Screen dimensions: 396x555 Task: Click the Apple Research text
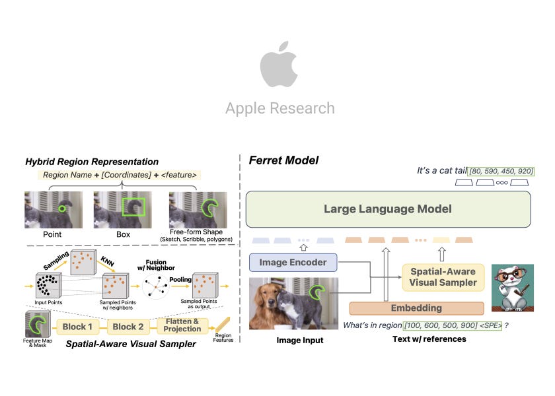pos(279,108)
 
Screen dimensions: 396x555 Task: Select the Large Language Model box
pos(388,209)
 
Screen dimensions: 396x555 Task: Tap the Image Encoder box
pos(293,262)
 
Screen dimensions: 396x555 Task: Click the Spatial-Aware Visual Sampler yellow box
pos(443,277)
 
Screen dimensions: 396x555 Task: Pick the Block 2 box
pos(128,327)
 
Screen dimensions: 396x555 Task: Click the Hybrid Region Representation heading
pos(92,162)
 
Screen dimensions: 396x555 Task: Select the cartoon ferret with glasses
pos(512,288)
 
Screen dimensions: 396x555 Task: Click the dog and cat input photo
pos(293,302)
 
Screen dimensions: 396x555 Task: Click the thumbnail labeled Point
pos(53,209)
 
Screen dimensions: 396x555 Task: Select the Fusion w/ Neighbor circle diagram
pos(157,287)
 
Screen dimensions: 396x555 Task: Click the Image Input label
pos(299,340)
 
